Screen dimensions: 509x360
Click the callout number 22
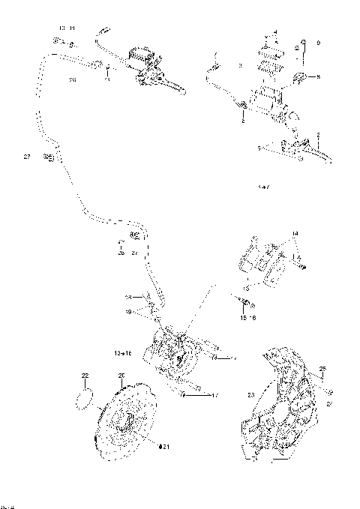coord(85,375)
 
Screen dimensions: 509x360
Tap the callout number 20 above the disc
coord(121,375)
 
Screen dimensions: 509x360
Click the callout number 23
coord(250,393)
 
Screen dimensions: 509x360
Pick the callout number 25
coord(323,368)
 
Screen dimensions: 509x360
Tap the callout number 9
coord(318,44)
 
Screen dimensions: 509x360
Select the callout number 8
coord(318,76)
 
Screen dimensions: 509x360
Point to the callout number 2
coord(318,135)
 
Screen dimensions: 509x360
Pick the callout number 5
coord(259,149)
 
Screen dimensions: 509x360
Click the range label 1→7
coord(262,186)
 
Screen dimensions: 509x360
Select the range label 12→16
coord(122,352)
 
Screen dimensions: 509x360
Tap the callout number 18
coord(128,297)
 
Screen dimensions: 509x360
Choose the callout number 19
coord(128,310)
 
